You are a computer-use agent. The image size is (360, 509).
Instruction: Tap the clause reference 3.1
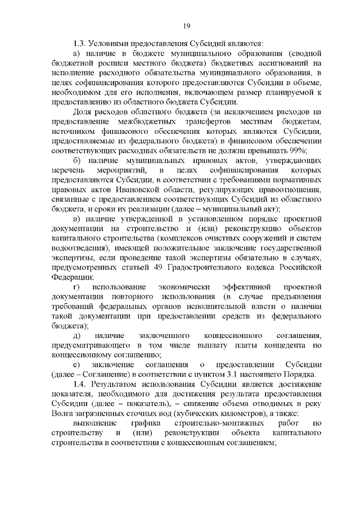[x=272, y=374]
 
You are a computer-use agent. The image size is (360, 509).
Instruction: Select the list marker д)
[x=77, y=335]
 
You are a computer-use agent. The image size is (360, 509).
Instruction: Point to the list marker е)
[x=76, y=364]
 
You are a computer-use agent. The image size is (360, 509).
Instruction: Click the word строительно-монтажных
[x=210, y=422]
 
